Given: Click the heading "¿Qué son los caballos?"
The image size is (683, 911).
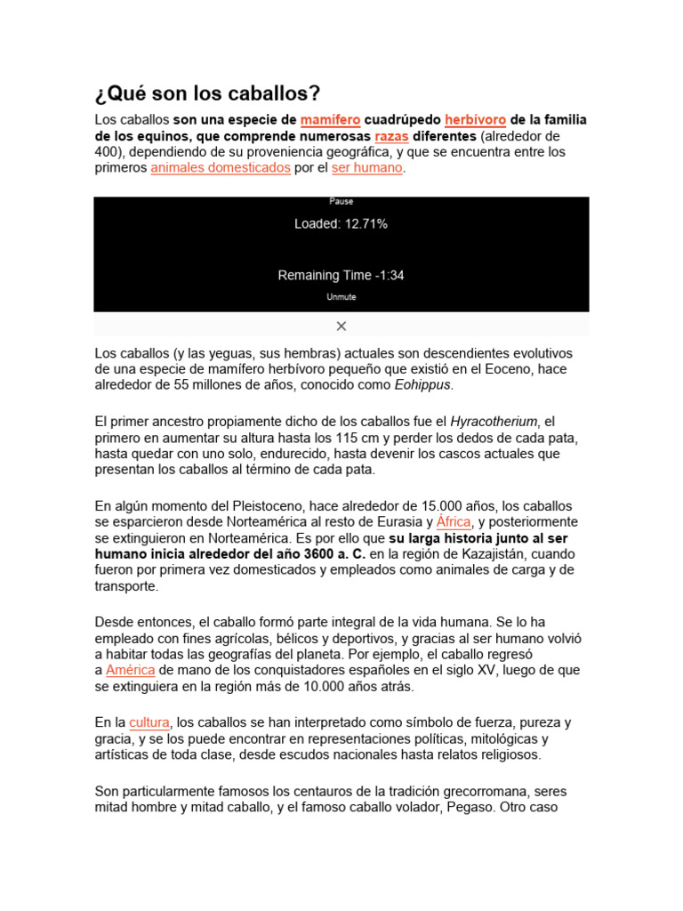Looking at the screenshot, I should point(207,93).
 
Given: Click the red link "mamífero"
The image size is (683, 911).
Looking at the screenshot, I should point(330,119).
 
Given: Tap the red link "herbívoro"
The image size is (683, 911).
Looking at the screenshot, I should point(475,119).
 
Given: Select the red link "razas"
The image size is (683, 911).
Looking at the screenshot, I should point(391,136).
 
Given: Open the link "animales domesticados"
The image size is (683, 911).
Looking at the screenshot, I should point(221,168).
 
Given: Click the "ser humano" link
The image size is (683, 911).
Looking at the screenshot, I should point(367,168).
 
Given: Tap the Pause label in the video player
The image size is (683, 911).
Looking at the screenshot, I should point(341,202).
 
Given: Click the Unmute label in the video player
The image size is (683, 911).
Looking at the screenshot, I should point(341,297).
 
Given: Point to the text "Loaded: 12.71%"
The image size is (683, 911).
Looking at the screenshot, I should point(341,224).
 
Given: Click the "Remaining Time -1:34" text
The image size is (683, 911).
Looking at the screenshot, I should point(341,275).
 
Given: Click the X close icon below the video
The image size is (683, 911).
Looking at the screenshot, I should point(341,326).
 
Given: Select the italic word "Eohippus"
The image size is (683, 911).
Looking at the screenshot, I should point(422,385).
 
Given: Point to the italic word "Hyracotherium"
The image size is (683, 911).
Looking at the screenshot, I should point(494,421).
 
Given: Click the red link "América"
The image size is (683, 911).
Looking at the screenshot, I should point(131,670).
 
